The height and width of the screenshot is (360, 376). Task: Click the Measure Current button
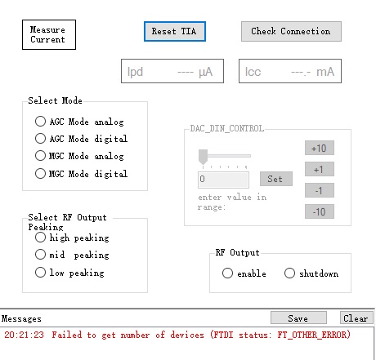pos(49,34)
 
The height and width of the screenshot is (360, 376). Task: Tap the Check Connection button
pos(291,31)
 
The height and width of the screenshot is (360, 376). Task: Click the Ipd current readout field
pos(172,71)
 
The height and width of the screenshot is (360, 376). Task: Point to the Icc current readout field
pos(290,71)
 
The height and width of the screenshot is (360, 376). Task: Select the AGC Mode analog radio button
pos(40,121)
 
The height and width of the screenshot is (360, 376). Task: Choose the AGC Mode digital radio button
pos(40,138)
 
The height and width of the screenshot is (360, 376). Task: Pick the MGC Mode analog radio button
pos(40,156)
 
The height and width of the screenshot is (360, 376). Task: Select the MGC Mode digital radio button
pos(40,173)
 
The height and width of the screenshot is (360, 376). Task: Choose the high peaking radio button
pos(40,238)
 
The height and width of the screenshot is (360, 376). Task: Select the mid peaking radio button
pos(40,255)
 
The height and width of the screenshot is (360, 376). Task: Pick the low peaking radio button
pos(40,272)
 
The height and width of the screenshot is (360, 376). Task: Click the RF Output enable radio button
pos(227,273)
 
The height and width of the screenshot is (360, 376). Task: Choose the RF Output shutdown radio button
pos(289,273)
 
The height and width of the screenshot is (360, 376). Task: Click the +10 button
pos(320,148)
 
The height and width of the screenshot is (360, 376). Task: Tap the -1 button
pos(320,190)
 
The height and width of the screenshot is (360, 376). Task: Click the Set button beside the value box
pos(276,179)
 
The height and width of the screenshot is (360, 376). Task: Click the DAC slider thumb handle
pos(203,157)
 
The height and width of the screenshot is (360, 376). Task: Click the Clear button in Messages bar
pos(356,318)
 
